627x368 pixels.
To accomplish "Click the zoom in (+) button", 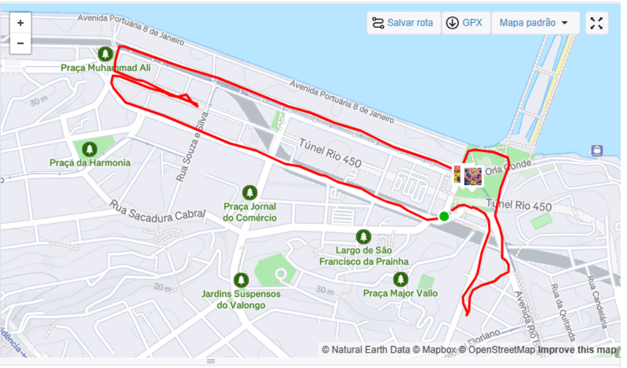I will click(20, 23).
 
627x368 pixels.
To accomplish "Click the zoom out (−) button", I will click(20, 43).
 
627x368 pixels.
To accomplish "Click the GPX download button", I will click(465, 23).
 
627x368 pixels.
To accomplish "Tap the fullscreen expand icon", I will click(596, 23).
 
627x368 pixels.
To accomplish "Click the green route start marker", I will click(444, 216).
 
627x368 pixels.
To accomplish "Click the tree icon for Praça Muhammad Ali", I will click(105, 54).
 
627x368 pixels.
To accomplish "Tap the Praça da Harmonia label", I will click(90, 163).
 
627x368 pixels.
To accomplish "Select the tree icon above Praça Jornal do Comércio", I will click(249, 193).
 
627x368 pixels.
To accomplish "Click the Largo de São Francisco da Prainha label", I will click(364, 256).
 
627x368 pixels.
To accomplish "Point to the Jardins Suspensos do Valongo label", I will click(241, 299).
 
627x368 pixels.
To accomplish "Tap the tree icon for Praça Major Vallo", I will click(400, 279).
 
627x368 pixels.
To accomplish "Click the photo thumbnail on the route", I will click(472, 176).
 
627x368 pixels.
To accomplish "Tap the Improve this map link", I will click(577, 350).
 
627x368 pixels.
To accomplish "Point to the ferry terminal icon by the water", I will click(597, 150).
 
